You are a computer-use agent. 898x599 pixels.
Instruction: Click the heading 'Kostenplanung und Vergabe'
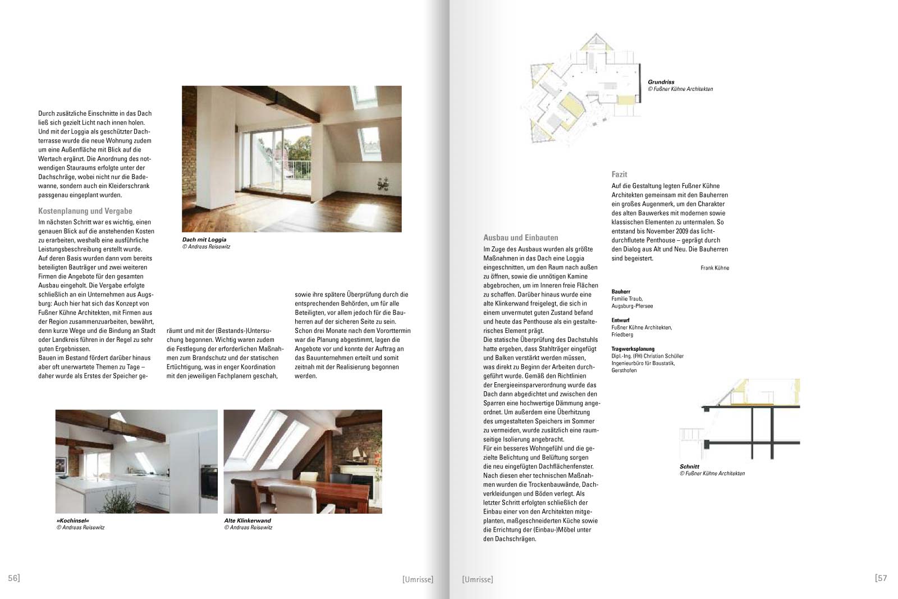pyautogui.click(x=85, y=211)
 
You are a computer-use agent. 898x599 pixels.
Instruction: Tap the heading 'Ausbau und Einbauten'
pyautogui.click(x=520, y=237)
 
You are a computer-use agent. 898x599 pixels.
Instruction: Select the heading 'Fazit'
pyautogui.click(x=619, y=175)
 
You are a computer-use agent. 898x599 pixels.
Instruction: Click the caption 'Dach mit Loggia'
pyautogui.click(x=204, y=240)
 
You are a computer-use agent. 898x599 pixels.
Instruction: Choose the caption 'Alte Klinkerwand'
pyautogui.click(x=248, y=520)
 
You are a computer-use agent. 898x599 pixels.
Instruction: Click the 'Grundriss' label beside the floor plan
pyautogui.click(x=661, y=82)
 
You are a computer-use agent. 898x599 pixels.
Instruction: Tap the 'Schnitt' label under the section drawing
pyautogui.click(x=689, y=467)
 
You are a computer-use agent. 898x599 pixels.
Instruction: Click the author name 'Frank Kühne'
pyautogui.click(x=714, y=268)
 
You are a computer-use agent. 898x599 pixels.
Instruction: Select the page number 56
pyautogui.click(x=13, y=578)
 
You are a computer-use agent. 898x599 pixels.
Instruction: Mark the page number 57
pyautogui.click(x=881, y=578)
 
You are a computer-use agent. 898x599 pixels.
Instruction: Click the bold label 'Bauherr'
pyautogui.click(x=621, y=291)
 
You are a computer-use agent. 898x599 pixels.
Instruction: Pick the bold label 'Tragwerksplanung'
pyautogui.click(x=633, y=349)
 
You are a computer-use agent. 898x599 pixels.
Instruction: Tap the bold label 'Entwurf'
pyautogui.click(x=620, y=320)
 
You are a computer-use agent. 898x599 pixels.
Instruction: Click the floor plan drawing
pyautogui.click(x=584, y=95)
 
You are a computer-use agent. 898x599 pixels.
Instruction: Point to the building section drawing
pyautogui.click(x=741, y=421)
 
